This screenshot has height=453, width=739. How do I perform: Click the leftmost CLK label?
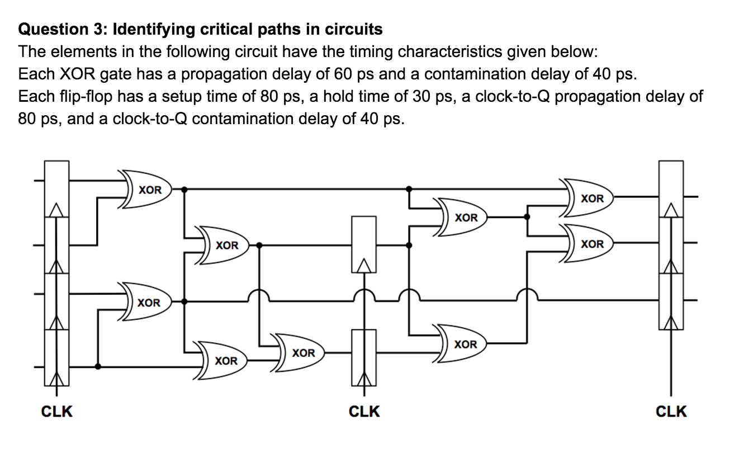(x=56, y=412)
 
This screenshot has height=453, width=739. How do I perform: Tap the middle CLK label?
(x=364, y=412)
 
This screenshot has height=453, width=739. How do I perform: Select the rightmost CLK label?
(x=671, y=412)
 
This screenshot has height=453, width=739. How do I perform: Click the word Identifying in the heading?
(x=153, y=29)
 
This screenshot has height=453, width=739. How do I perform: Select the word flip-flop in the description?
(x=84, y=96)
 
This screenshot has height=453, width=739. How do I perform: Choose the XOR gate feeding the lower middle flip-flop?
(x=302, y=353)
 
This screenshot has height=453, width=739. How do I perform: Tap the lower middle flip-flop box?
(x=364, y=357)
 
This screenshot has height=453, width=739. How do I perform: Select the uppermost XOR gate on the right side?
(x=590, y=199)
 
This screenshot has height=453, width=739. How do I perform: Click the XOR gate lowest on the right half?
(x=464, y=344)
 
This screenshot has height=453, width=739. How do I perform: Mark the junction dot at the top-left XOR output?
(x=185, y=189)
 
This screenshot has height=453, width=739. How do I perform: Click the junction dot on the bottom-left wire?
(x=98, y=367)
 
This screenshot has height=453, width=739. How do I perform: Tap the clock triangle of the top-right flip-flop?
(x=671, y=210)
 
